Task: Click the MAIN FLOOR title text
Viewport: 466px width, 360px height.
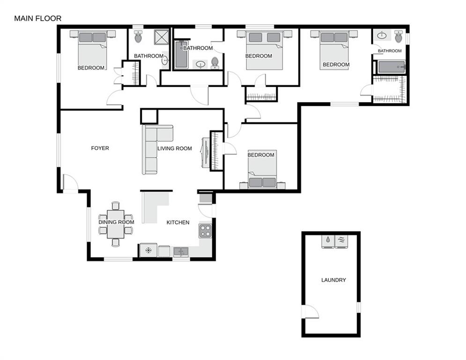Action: (x=37, y=18)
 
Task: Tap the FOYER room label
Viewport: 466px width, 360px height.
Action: (x=100, y=148)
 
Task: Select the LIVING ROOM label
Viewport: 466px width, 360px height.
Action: (x=175, y=149)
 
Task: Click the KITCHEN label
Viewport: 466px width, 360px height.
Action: (x=178, y=222)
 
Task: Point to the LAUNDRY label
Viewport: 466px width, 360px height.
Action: (x=333, y=280)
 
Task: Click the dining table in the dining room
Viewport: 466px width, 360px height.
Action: (x=116, y=224)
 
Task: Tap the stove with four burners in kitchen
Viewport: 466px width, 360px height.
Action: (x=205, y=230)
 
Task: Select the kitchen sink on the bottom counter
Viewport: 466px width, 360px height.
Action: (x=180, y=252)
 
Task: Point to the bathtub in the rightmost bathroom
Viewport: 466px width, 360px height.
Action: (x=391, y=67)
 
